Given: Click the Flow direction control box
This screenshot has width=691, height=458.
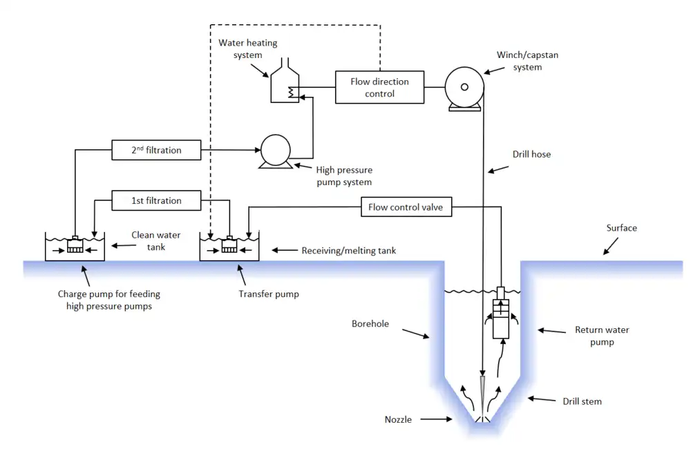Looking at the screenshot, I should (x=379, y=87).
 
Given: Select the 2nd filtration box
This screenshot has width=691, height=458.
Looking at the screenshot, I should (x=156, y=150).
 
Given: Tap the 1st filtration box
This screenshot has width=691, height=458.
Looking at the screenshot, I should (x=156, y=200).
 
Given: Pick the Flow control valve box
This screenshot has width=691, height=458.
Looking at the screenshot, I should (x=406, y=207).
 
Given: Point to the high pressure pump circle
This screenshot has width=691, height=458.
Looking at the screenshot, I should (x=276, y=150).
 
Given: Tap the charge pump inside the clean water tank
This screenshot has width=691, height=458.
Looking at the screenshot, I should (x=75, y=245).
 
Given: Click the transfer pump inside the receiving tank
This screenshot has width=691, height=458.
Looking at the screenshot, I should (x=229, y=245).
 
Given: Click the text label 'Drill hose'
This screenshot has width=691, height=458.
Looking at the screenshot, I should (x=531, y=154).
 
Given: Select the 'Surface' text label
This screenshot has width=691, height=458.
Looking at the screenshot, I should (x=621, y=228).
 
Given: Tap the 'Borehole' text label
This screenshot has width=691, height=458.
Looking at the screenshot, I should (x=370, y=323).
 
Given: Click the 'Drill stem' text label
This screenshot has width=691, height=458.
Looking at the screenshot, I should (x=582, y=401).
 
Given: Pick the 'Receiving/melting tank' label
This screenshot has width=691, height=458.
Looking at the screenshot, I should (x=349, y=251).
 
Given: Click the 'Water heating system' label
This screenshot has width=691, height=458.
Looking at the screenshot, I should (x=247, y=48).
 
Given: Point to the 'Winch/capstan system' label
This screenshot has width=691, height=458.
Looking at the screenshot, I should (x=519, y=61).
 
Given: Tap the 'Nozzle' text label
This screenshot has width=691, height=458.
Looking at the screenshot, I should (x=398, y=419).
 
